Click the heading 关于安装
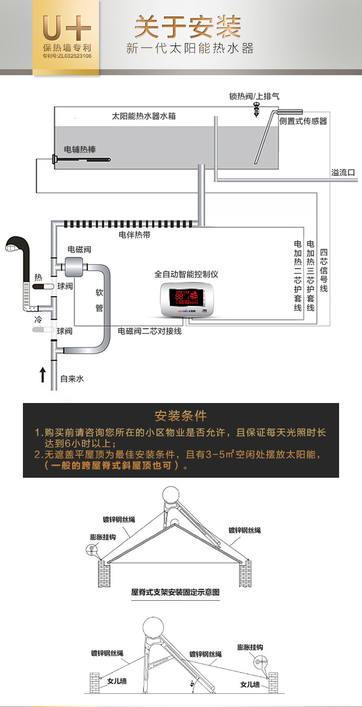pyautogui.click(x=187, y=27)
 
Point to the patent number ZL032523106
pyautogui.click(x=67, y=56)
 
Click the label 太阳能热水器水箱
pyautogui.click(x=143, y=116)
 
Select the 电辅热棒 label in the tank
pyautogui.click(x=80, y=149)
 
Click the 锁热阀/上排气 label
pyautogui.click(x=254, y=96)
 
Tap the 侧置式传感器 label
pyautogui.click(x=303, y=121)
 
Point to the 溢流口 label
pyautogui.click(x=343, y=172)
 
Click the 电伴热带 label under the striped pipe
pyautogui.click(x=134, y=235)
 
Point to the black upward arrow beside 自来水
pyautogui.click(x=42, y=375)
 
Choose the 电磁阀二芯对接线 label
pyautogui.click(x=149, y=331)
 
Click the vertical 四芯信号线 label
pyautogui.click(x=324, y=271)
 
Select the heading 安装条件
pyautogui.click(x=181, y=416)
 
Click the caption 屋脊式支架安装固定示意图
pyautogui.click(x=175, y=592)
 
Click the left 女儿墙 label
pyautogui.click(x=117, y=681)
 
